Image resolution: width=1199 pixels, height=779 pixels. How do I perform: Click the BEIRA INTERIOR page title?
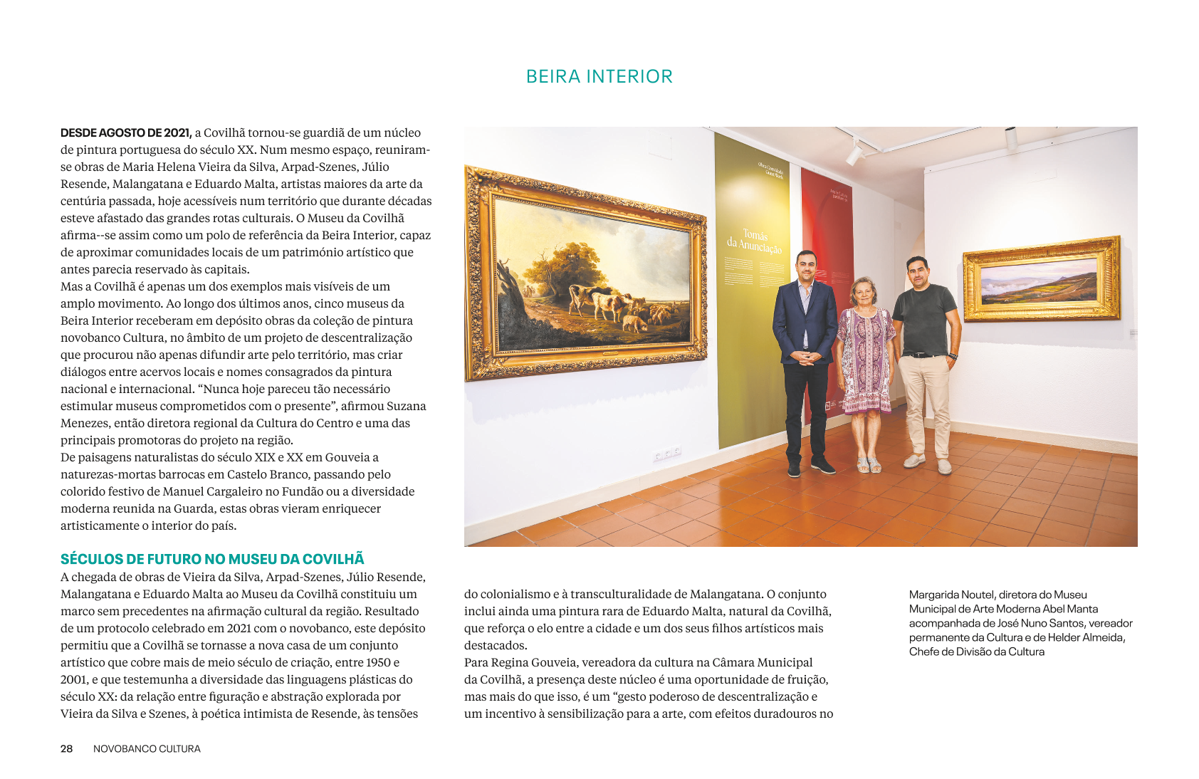[x=599, y=76]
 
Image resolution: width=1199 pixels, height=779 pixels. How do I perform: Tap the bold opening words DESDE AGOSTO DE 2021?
[x=126, y=132]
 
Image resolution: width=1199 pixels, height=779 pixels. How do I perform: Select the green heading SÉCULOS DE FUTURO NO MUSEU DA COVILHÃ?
[x=212, y=559]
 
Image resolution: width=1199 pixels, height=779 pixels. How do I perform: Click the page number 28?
[x=66, y=748]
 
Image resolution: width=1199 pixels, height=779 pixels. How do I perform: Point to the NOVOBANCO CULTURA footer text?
[x=147, y=748]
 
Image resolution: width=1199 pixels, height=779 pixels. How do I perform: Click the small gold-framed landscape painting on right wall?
[x=1040, y=278]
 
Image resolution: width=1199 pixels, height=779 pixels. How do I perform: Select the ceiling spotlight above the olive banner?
[x=854, y=152]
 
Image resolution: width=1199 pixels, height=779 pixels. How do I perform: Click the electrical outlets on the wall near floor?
[x=667, y=453]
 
